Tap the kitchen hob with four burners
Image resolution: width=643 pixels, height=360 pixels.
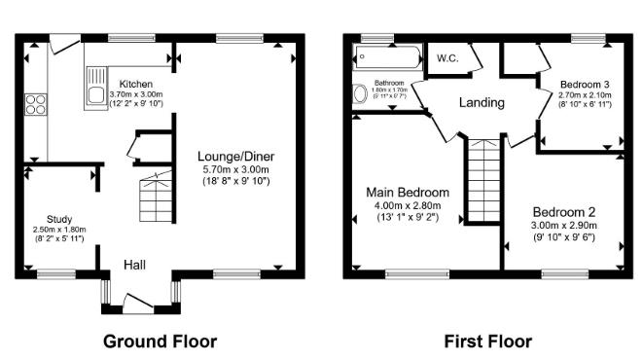(x=36, y=103)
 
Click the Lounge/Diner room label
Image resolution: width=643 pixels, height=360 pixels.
(x=236, y=156)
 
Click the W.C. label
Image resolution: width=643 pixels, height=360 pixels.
(x=448, y=57)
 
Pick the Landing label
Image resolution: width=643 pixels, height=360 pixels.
(x=482, y=102)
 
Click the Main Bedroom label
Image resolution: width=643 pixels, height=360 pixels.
(x=408, y=192)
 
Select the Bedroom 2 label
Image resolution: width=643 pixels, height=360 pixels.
(x=563, y=211)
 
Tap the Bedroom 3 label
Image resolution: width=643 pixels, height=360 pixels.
(x=585, y=83)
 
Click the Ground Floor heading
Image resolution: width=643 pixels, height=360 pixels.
(x=160, y=341)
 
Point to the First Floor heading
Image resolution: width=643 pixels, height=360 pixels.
(x=487, y=341)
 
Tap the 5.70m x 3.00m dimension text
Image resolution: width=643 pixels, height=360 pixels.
(x=236, y=168)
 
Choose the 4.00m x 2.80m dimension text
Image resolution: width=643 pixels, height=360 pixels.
(x=408, y=205)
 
